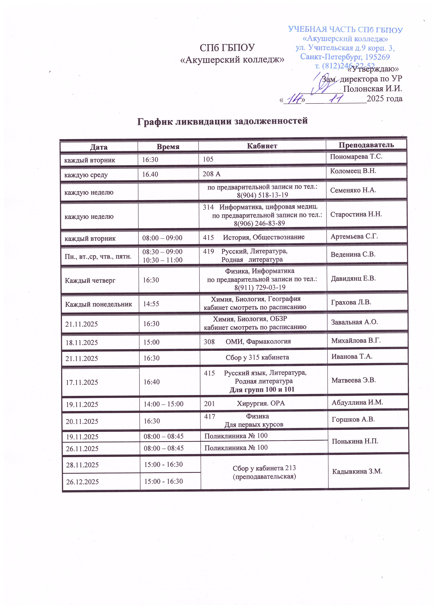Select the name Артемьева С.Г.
tap(354, 237)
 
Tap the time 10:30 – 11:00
tap(162, 260)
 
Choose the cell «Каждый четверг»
tap(90, 281)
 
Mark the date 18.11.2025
tap(82, 343)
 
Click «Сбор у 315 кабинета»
tap(257, 357)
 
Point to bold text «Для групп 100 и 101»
tap(262, 390)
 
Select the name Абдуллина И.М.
tap(357, 403)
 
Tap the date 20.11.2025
tap(82, 421)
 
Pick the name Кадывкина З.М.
tap(357, 471)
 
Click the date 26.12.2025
tap(83, 482)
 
